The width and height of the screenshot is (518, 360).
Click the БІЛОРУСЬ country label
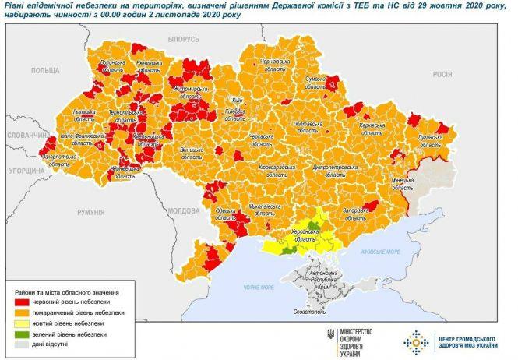pyautogui.click(x=184, y=38)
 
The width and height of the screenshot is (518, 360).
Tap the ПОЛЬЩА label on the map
pyautogui.click(x=45, y=70)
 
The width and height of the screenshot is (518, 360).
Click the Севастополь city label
pyautogui.click(x=309, y=312)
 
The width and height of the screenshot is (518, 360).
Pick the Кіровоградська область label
pyautogui.click(x=271, y=171)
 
